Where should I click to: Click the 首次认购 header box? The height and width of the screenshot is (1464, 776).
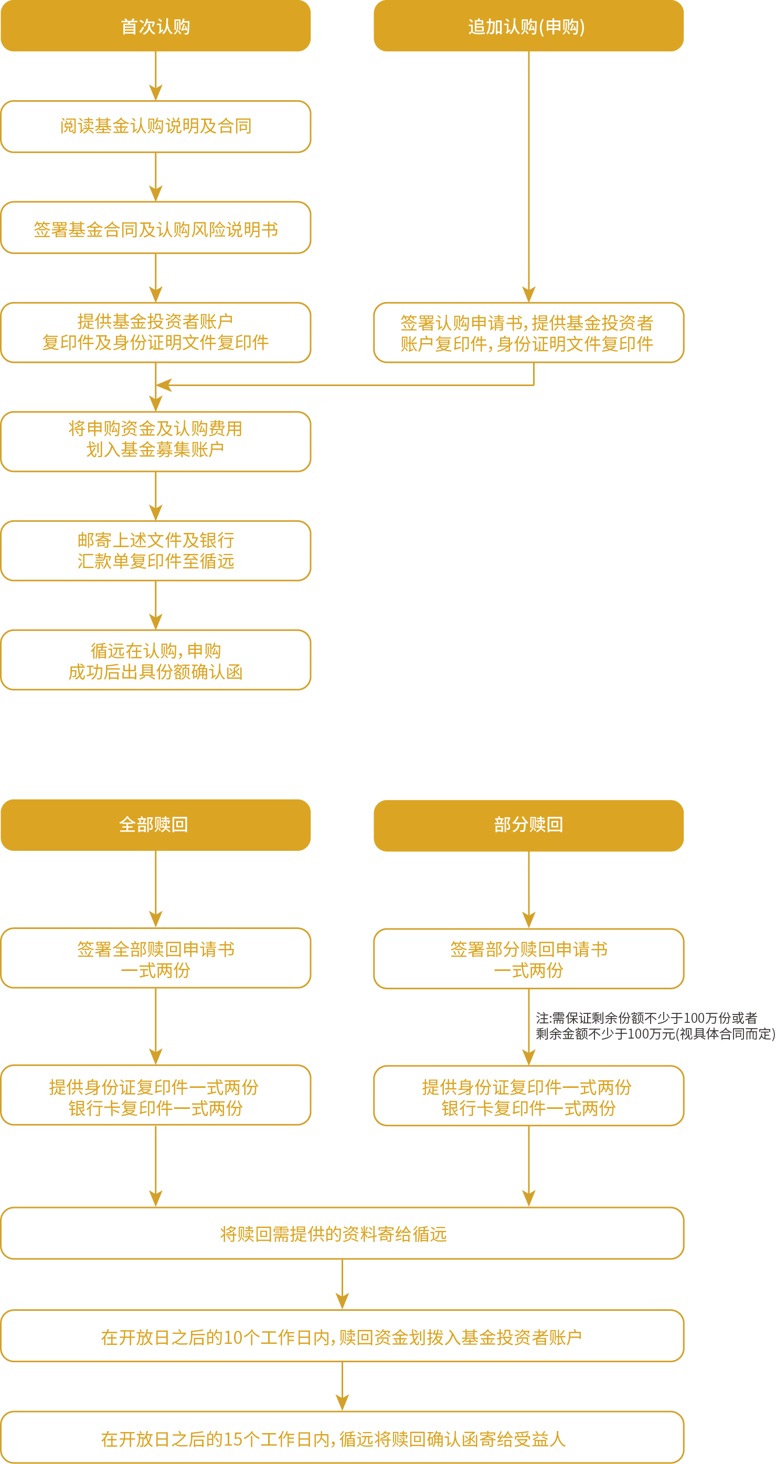155,26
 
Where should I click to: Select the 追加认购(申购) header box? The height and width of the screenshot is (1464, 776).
528,26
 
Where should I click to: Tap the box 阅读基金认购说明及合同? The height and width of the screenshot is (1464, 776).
155,126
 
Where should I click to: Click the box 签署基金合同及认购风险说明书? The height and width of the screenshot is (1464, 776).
155,228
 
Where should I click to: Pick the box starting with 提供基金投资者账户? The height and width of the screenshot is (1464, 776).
155,333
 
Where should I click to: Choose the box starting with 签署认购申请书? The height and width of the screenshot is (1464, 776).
528,333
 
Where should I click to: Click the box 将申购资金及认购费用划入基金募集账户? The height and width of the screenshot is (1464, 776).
155,442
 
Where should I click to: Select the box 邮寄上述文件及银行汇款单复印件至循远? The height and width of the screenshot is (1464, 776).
155,551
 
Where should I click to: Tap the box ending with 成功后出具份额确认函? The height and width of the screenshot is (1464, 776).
155,660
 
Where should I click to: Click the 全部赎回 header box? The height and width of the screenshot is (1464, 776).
155,825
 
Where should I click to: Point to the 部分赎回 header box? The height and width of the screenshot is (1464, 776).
528,825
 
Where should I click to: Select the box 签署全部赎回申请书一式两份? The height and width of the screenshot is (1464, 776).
155,958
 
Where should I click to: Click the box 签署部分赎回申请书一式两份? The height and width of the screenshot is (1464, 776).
528,959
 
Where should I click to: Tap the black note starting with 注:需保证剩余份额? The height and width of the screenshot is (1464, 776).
654,1026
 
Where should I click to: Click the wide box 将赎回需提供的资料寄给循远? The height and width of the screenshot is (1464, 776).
342,1233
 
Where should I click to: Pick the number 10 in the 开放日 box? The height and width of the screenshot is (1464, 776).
233,1337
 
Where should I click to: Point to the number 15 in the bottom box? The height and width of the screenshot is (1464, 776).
233,1439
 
